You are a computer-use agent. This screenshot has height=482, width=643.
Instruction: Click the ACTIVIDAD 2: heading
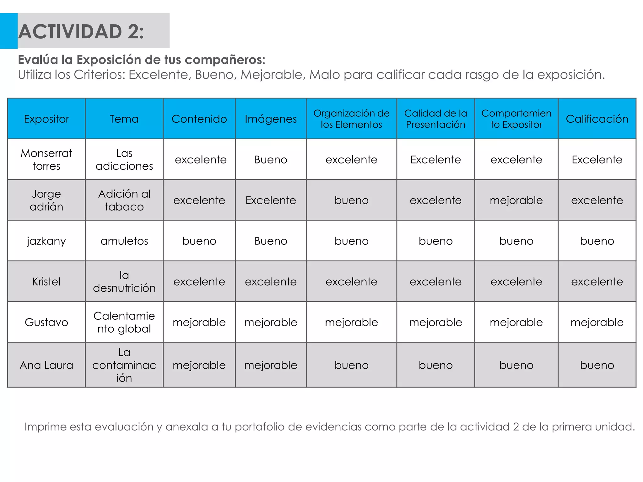click(x=81, y=32)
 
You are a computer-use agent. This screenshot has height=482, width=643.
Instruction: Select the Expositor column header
click(x=46, y=119)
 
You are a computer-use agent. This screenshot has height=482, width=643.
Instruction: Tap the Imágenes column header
click(x=271, y=119)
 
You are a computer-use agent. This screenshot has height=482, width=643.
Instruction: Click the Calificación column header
click(x=597, y=119)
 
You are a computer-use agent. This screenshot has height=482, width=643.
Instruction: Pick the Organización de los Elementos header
click(x=351, y=119)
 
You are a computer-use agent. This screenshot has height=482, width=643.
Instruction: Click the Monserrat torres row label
click(x=46, y=159)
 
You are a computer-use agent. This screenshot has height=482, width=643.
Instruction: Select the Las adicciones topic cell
click(x=124, y=159)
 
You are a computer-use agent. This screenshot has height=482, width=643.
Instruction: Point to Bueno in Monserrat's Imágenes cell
click(x=271, y=160)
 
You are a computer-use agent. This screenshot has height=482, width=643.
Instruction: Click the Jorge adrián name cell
click(x=46, y=200)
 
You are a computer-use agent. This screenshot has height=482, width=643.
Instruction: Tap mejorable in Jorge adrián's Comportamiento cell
click(x=516, y=200)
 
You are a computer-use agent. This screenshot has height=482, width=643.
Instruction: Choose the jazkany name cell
click(x=46, y=241)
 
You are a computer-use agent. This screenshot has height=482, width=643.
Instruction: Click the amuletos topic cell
click(x=124, y=241)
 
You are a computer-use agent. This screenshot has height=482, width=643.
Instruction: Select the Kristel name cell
click(x=46, y=281)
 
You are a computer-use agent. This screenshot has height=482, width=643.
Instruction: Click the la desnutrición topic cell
click(x=124, y=281)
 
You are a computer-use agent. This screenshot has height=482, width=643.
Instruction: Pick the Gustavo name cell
click(x=46, y=322)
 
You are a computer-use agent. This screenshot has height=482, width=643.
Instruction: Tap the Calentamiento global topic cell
click(x=124, y=322)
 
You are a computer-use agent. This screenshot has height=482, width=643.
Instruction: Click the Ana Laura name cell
click(x=46, y=365)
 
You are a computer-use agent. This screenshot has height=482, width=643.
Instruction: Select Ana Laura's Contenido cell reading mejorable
click(x=199, y=365)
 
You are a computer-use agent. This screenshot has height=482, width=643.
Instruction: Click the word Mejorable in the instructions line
click(x=271, y=75)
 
